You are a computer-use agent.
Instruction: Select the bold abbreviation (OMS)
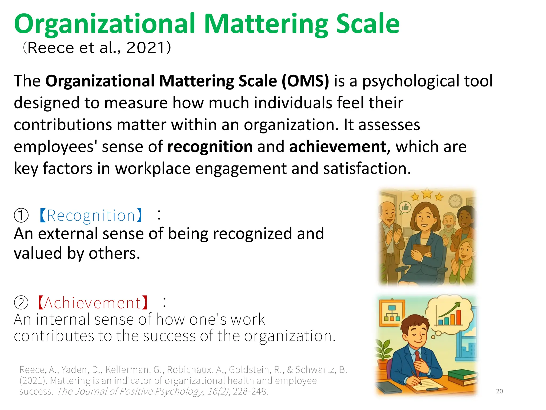pyautogui.click(x=305, y=81)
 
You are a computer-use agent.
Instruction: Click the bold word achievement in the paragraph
pyautogui.click(x=338, y=147)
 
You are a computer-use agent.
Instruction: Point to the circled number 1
pyautogui.click(x=21, y=215)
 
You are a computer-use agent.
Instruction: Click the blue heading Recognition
pyautogui.click(x=91, y=215)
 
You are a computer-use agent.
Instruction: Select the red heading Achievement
pyautogui.click(x=93, y=303)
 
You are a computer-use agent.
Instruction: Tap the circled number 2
pyautogui.click(x=21, y=303)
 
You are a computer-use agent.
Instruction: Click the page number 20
pyautogui.click(x=499, y=391)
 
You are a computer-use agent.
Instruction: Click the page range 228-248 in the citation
pyautogui.click(x=250, y=391)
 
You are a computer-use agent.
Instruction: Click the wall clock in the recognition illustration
pyautogui.click(x=455, y=201)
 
